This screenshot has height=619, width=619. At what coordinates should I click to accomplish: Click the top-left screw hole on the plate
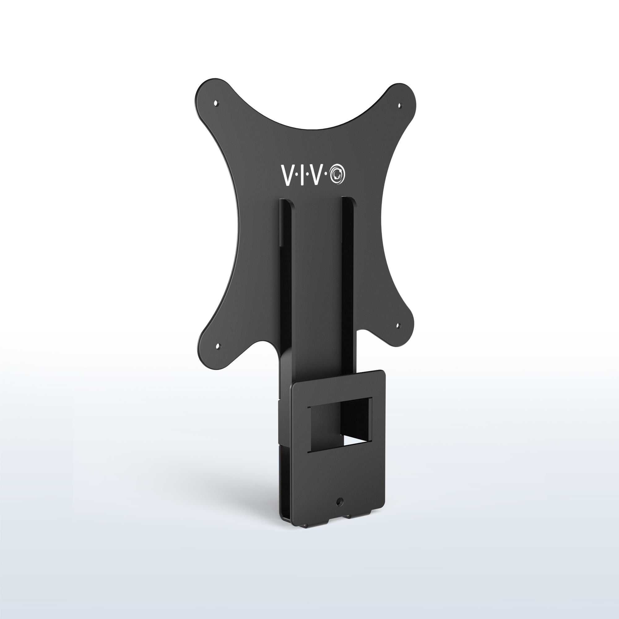(216, 103)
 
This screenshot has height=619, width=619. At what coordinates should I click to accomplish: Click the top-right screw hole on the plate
(399, 105)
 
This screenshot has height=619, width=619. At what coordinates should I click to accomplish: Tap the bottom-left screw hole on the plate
(218, 346)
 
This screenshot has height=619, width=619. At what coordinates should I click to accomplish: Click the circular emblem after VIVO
(337, 175)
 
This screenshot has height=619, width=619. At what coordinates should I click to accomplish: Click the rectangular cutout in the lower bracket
(340, 425)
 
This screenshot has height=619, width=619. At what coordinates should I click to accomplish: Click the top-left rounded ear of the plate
(210, 96)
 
